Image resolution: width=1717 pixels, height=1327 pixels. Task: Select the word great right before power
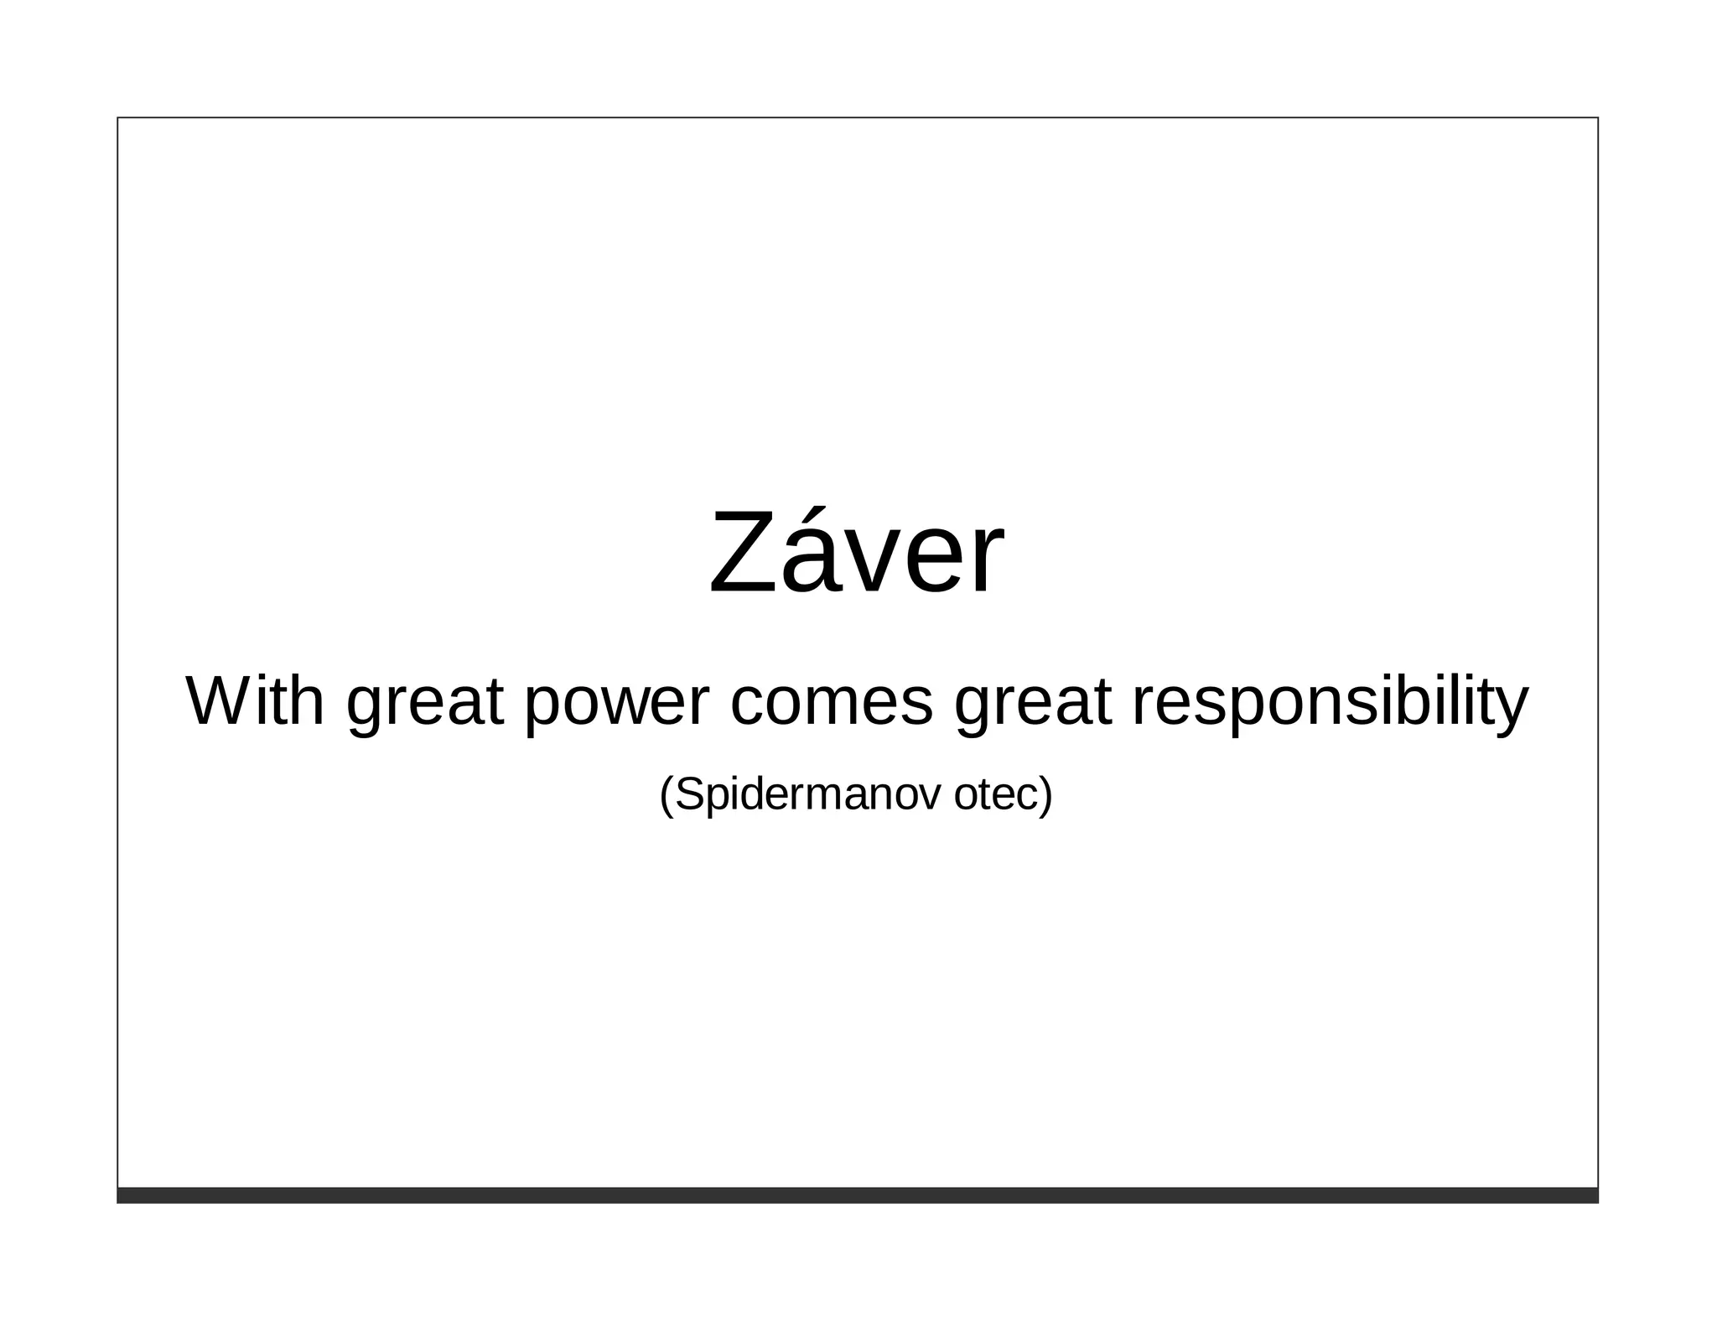click(x=425, y=705)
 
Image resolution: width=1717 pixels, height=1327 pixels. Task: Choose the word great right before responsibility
click(x=1033, y=705)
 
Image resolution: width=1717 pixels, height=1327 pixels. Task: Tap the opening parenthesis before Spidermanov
click(x=666, y=795)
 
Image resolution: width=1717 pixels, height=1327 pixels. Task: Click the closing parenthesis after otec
click(x=1045, y=795)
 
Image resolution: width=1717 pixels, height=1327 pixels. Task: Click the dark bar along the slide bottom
click(x=857, y=1195)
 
